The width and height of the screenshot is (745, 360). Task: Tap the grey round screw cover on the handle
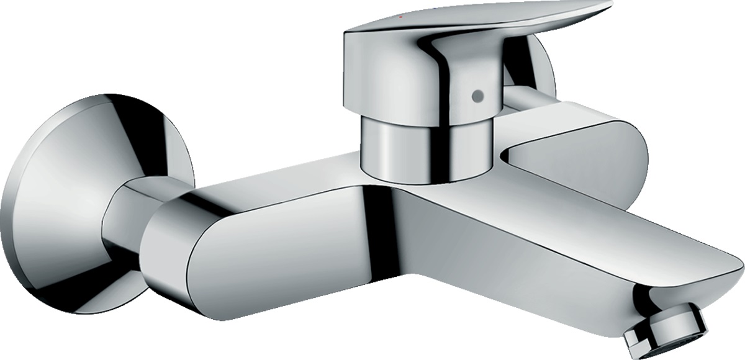coord(477,96)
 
